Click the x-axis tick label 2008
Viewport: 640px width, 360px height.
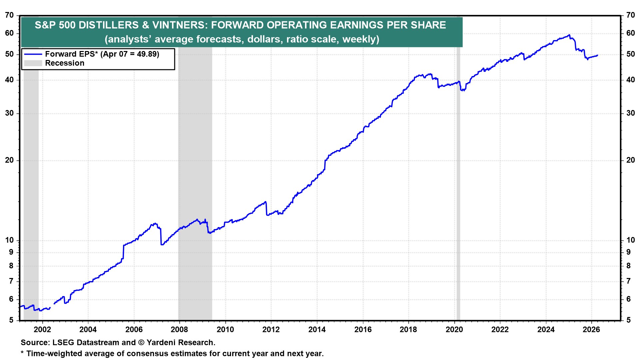pos(179,330)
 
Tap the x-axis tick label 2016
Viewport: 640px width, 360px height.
pos(363,330)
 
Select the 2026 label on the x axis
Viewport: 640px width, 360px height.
pos(591,330)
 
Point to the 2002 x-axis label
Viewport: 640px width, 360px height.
pos(42,330)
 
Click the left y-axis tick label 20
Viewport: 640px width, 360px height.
pos(9,160)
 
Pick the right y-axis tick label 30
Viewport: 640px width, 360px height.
pos(630,113)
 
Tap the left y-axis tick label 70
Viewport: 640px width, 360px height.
pos(9,15)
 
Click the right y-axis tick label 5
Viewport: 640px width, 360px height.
pos(628,320)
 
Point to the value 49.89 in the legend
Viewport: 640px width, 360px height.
pos(147,54)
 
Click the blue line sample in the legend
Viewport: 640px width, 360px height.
pos(33,54)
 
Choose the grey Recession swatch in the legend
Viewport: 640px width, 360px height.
pos(33,63)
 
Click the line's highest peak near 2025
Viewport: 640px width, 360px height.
pos(569,35)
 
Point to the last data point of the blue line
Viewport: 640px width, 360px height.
pos(597,55)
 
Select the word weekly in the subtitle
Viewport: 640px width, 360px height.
pos(359,39)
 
